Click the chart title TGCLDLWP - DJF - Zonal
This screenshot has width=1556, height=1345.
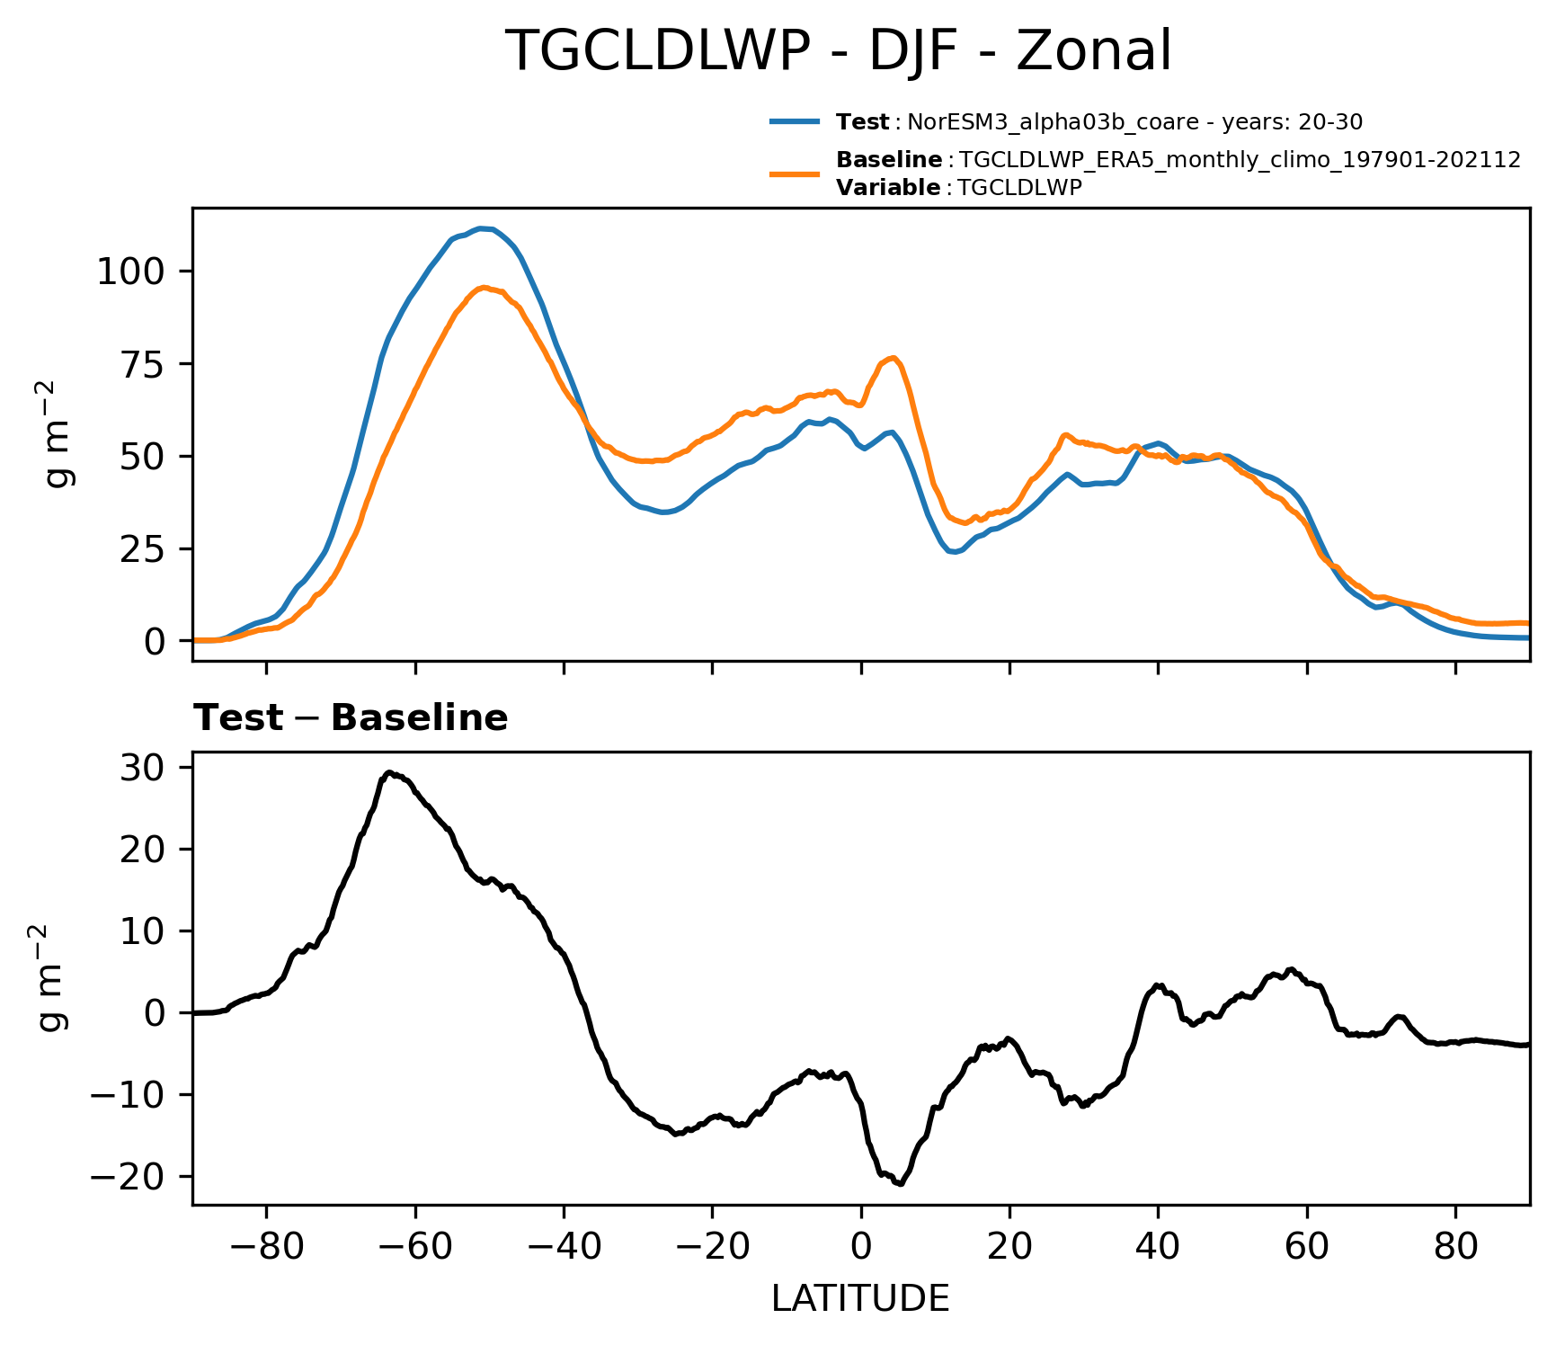pos(839,50)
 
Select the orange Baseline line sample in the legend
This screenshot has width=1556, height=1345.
pos(795,174)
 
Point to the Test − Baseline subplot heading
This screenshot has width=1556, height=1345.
pos(351,718)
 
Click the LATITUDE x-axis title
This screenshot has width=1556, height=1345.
pos(860,1299)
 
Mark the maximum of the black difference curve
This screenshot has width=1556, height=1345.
pos(388,772)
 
